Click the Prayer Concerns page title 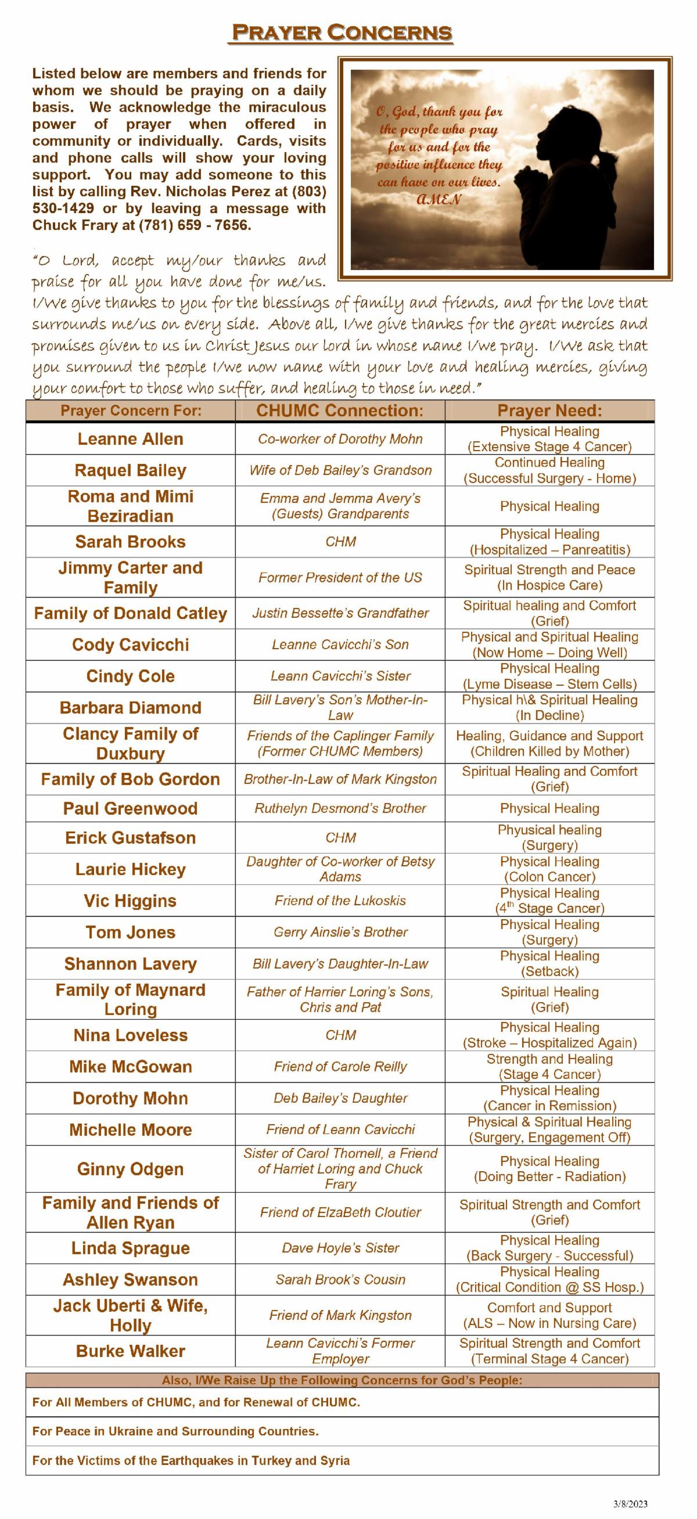pyautogui.click(x=342, y=33)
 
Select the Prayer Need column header pyautogui.click(x=549, y=411)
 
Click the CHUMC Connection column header pyautogui.click(x=340, y=411)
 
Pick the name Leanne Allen pyautogui.click(x=130, y=439)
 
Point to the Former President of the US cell pyautogui.click(x=340, y=577)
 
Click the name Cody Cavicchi pyautogui.click(x=130, y=645)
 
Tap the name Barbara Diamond pyautogui.click(x=130, y=708)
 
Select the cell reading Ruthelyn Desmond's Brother pyautogui.click(x=340, y=808)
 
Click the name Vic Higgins pyautogui.click(x=130, y=901)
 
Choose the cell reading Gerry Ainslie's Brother pyautogui.click(x=340, y=932)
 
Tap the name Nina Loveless pyautogui.click(x=130, y=1035)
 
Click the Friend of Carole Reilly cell pyautogui.click(x=340, y=1066)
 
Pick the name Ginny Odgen pyautogui.click(x=130, y=1169)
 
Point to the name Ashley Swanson pyautogui.click(x=130, y=1280)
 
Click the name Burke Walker pyautogui.click(x=130, y=1351)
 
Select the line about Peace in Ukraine pyautogui.click(x=176, y=1431)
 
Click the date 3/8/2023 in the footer pyautogui.click(x=630, y=1504)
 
